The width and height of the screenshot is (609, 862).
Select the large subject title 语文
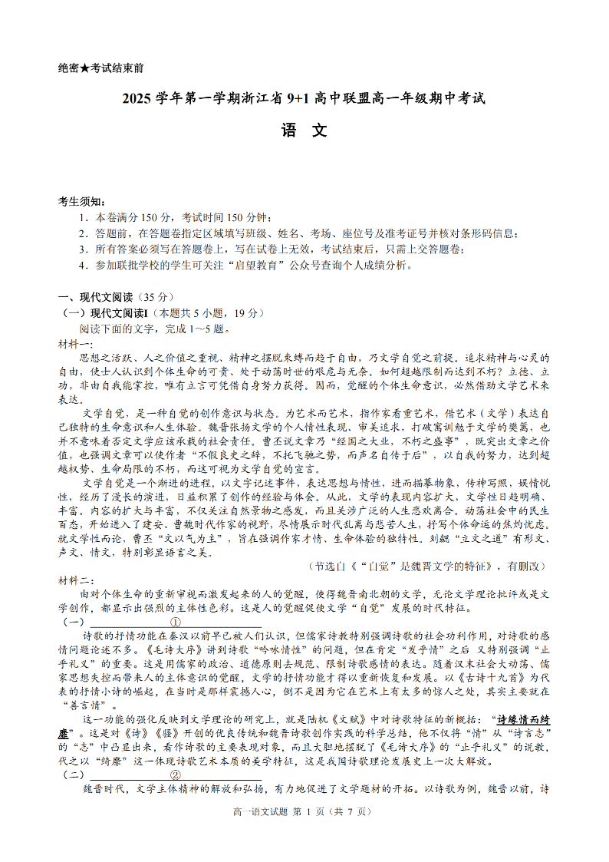pyautogui.click(x=304, y=130)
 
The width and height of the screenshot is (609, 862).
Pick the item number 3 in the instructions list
pyautogui.click(x=82, y=249)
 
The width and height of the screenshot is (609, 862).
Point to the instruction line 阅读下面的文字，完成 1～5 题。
pyautogui.click(x=154, y=329)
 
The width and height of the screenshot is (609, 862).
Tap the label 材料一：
pyautogui.click(x=75, y=342)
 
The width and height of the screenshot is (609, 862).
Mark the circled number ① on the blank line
pyautogui.click(x=175, y=622)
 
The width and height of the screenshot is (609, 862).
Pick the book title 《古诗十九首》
pyautogui.click(x=491, y=678)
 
